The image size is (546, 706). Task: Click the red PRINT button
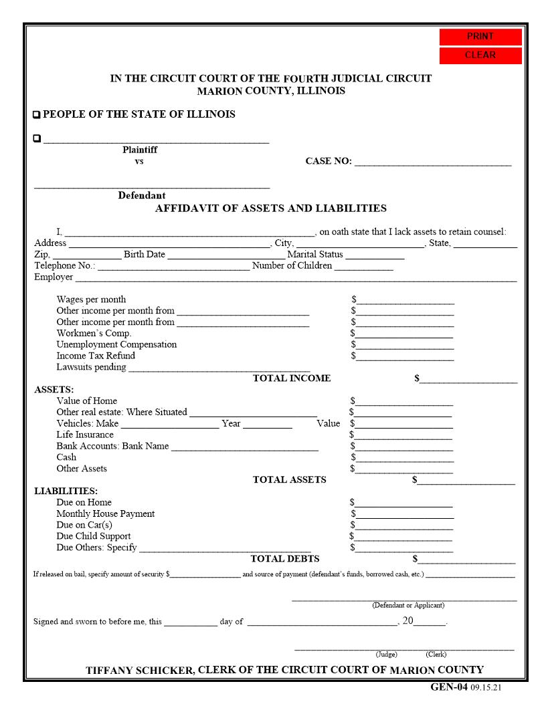pyautogui.click(x=480, y=37)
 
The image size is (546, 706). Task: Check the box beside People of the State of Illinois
pyautogui.click(x=37, y=115)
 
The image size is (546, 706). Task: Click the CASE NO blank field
pyautogui.click(x=432, y=161)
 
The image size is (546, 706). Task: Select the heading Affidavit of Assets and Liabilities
pyautogui.click(x=270, y=209)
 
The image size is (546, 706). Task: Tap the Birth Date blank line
pyautogui.click(x=225, y=255)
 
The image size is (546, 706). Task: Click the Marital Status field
pyautogui.click(x=375, y=255)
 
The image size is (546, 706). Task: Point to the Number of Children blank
pyautogui.click(x=363, y=266)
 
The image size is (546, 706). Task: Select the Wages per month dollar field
pyautogui.click(x=405, y=300)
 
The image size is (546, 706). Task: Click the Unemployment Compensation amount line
pyautogui.click(x=405, y=345)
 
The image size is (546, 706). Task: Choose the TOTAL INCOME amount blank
pyautogui.click(x=468, y=379)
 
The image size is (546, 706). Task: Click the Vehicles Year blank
pyautogui.click(x=267, y=424)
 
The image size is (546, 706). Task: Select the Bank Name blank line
pyautogui.click(x=244, y=447)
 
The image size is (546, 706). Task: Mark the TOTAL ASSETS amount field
pyautogui.click(x=466, y=480)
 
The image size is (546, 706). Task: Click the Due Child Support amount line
pyautogui.click(x=403, y=537)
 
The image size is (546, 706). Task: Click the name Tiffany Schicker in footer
pyautogui.click(x=140, y=671)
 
